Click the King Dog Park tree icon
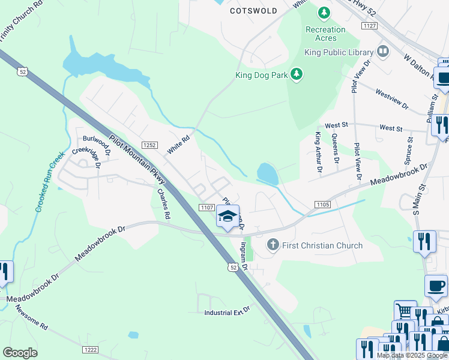[x=296, y=74]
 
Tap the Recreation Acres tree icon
[x=324, y=13]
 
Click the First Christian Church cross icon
[x=273, y=245]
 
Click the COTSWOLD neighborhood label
[x=254, y=11]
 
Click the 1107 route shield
[x=207, y=207]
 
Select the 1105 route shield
[x=322, y=205]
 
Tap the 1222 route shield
[x=90, y=350]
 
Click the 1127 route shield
[x=370, y=26]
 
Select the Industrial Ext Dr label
[x=226, y=313]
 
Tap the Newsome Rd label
[x=31, y=318]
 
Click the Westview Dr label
[x=391, y=99]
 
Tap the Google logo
[x=20, y=353]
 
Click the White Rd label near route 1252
[x=178, y=145]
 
